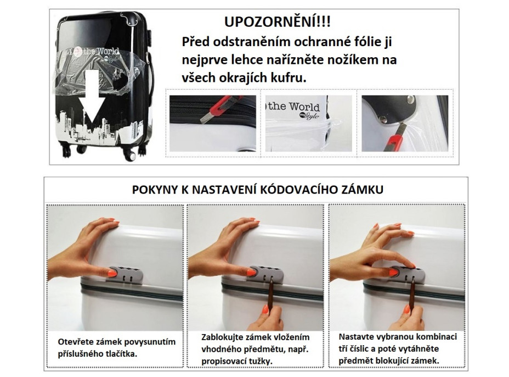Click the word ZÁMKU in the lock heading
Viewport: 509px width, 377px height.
tap(366, 190)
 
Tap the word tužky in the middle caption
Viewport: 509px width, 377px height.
tap(261, 360)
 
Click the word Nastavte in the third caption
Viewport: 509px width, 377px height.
tap(355, 337)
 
